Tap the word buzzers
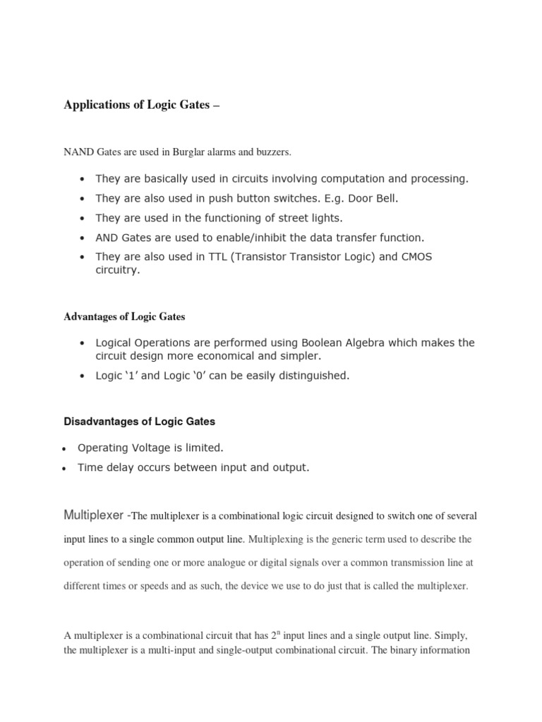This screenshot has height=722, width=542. [x=271, y=152]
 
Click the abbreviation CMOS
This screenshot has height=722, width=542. [x=416, y=257]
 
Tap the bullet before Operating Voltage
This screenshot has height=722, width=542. [x=64, y=449]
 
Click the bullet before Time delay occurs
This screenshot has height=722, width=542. [x=64, y=468]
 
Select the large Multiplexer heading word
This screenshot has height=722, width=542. [x=93, y=515]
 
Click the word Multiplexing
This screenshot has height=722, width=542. [x=279, y=539]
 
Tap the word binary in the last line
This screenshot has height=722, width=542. [x=404, y=650]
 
